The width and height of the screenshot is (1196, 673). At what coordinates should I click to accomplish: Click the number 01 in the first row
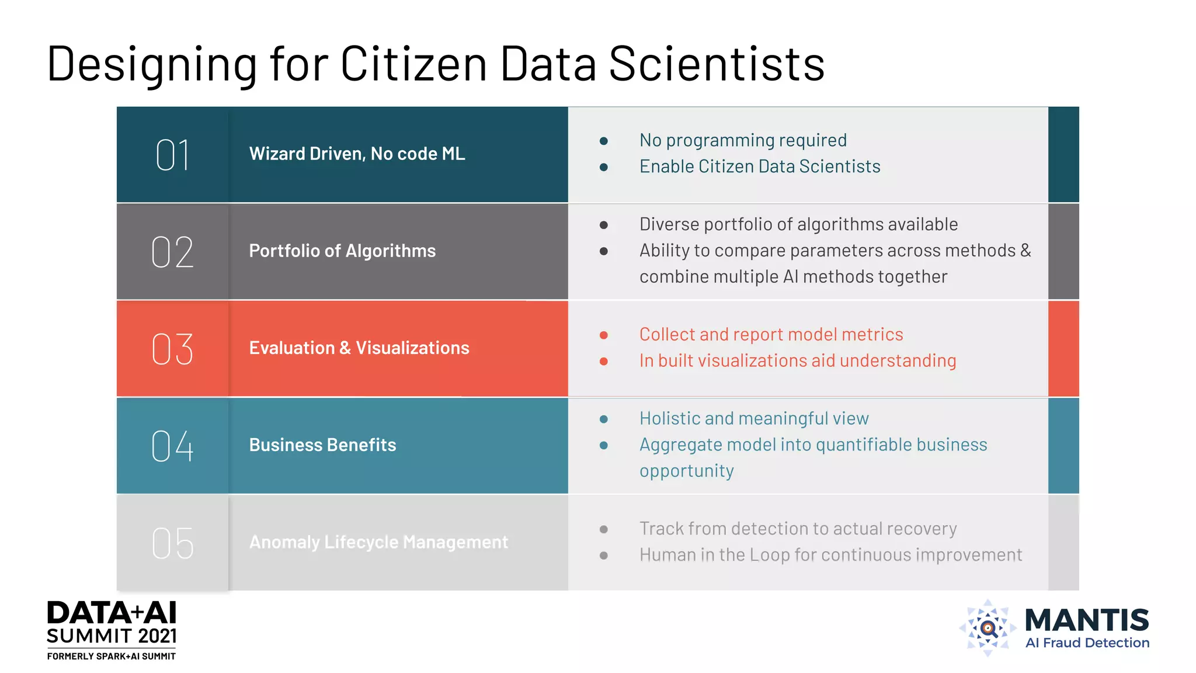point(172,155)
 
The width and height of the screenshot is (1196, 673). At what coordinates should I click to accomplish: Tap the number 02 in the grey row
point(172,252)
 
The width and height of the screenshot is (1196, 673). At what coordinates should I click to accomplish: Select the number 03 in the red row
point(172,349)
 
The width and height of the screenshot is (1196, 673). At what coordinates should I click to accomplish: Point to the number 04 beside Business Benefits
point(172,446)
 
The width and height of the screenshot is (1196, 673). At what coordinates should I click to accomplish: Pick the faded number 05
point(172,543)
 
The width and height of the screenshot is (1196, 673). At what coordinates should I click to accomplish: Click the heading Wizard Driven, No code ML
point(357,154)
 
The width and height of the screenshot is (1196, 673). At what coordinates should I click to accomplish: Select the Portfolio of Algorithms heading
point(342,251)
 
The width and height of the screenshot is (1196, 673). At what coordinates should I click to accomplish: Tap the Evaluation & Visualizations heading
point(359,348)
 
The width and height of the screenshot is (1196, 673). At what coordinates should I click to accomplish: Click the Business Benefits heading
point(322,445)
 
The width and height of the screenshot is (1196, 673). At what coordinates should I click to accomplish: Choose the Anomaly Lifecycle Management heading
point(378,542)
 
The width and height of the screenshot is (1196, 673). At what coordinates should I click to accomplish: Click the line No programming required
point(743,140)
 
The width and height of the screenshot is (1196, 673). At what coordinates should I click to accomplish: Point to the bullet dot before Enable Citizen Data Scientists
point(604,168)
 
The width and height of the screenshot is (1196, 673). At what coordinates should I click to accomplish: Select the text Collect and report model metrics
point(771,334)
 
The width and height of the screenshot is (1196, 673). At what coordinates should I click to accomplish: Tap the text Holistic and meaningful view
point(754,418)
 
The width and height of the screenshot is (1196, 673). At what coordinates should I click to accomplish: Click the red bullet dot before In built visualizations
point(604,362)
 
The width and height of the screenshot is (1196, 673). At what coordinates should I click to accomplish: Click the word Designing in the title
point(152,64)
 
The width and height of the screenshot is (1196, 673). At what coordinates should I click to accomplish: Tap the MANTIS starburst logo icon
point(988,628)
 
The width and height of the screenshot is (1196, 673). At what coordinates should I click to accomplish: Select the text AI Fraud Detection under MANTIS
point(1087,643)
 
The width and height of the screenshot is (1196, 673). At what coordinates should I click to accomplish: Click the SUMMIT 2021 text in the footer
point(112,636)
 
